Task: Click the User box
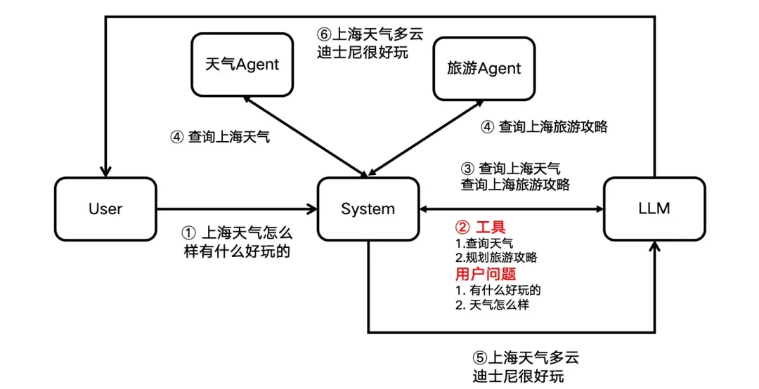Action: point(105,209)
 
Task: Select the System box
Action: point(368,209)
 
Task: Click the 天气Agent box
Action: point(242,65)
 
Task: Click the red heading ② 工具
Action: point(481,228)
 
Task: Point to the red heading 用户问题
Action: point(485,274)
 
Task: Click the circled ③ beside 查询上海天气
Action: point(467,169)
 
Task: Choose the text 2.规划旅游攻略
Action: point(495,257)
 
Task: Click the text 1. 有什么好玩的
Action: point(498,289)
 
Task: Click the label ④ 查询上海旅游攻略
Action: point(544,127)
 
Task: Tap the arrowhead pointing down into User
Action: point(105,171)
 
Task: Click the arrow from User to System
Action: point(236,209)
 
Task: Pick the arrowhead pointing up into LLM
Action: point(655,246)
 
